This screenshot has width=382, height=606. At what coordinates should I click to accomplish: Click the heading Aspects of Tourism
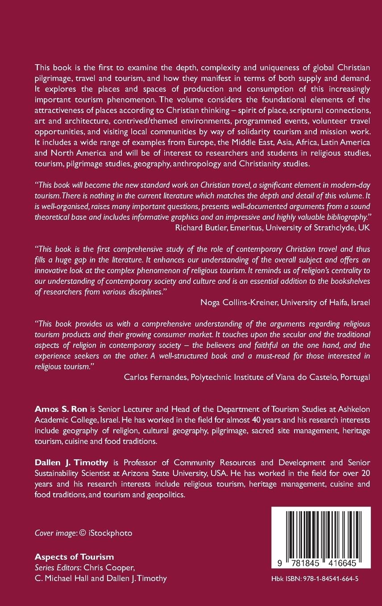74,557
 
